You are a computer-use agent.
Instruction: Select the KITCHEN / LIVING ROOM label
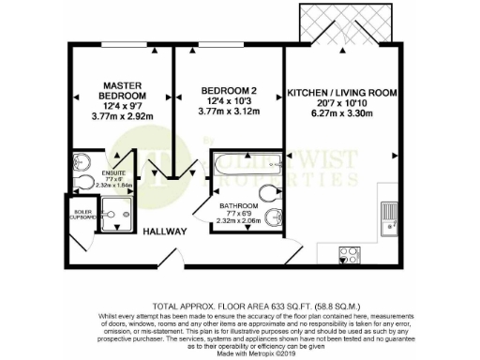pos(342,94)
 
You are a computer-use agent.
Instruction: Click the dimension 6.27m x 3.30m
pos(342,114)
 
